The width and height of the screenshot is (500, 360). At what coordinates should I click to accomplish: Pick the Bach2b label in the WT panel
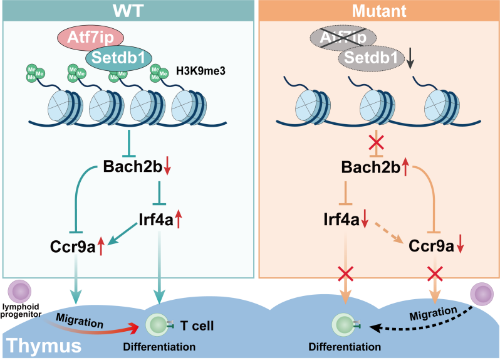128,168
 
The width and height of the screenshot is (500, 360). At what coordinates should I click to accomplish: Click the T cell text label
197,326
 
